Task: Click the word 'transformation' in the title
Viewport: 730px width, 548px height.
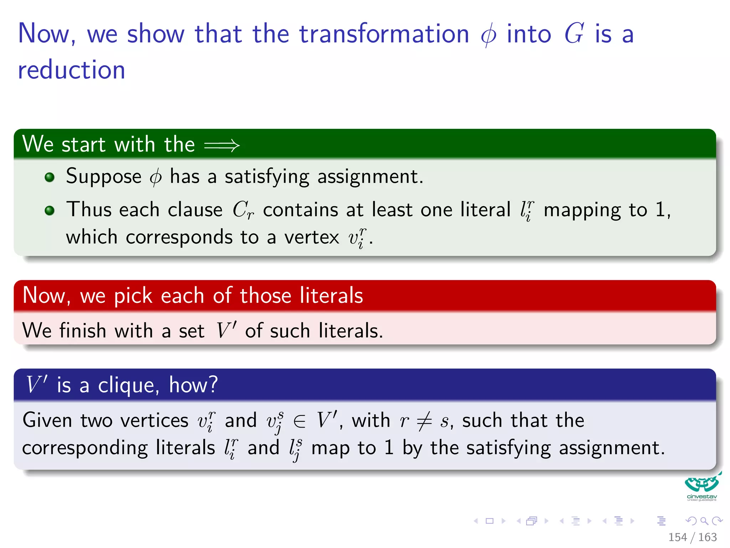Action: (384, 34)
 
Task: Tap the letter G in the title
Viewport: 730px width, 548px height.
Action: (574, 34)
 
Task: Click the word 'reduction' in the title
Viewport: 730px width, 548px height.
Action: (71, 70)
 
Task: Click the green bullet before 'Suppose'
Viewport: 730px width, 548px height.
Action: (50, 177)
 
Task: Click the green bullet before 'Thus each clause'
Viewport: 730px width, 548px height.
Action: (50, 210)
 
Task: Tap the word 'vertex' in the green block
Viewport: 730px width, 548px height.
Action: (312, 237)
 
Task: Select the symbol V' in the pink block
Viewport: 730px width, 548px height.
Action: (226, 330)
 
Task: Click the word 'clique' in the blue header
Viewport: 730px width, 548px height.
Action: (126, 386)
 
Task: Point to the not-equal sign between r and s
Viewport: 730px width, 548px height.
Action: (424, 421)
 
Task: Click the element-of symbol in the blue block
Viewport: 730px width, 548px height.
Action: (299, 421)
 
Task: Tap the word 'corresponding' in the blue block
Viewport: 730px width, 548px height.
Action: (85, 448)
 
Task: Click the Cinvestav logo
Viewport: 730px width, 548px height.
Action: (701, 487)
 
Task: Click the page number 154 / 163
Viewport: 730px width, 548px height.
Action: (692, 537)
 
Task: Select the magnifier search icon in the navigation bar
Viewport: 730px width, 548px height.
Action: (704, 521)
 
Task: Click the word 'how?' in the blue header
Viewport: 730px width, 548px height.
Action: (193, 385)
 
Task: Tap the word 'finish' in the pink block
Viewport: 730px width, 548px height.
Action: (83, 331)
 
